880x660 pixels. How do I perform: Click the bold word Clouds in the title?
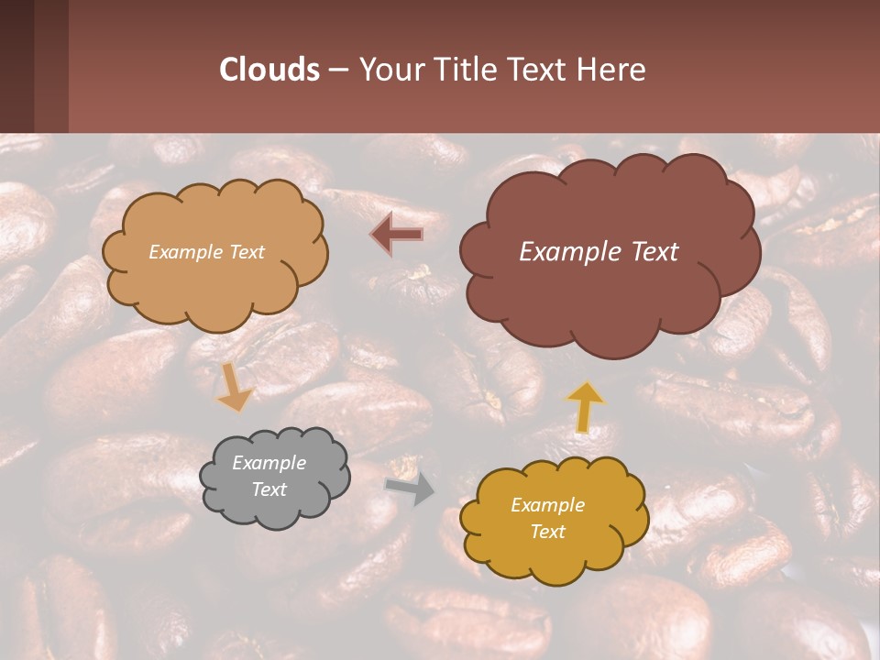269,70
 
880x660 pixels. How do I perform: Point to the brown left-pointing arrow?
397,234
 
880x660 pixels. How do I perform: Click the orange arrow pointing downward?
235,388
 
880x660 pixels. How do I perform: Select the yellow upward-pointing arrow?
584,406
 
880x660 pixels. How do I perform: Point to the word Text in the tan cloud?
247,252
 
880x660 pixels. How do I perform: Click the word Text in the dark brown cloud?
654,252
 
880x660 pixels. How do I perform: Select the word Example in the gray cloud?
269,463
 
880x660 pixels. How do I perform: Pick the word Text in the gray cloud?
269,489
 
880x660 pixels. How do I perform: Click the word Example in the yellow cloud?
547,505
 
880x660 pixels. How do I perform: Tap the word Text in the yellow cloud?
547,532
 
